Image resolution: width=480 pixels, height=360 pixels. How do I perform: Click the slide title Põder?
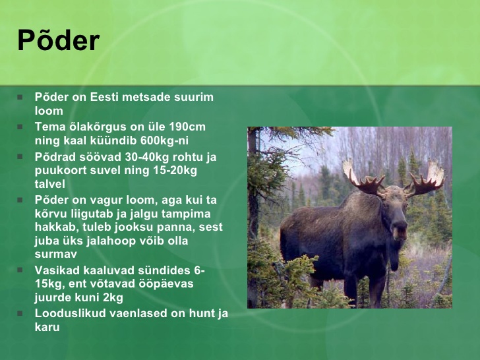tap(58, 40)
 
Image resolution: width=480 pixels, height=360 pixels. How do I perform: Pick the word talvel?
tap(50, 184)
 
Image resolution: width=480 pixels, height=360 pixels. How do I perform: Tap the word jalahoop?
tap(111, 241)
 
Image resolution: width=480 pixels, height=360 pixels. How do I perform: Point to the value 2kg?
tap(113, 297)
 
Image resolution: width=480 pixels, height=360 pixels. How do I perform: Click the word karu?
tap(47, 327)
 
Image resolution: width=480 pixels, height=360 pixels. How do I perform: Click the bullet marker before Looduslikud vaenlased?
tap(20, 313)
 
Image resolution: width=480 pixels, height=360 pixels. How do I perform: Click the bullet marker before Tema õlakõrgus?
tap(20, 127)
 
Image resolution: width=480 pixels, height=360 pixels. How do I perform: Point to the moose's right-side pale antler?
tap(427, 179)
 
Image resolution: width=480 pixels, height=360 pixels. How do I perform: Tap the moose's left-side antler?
tap(363, 178)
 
